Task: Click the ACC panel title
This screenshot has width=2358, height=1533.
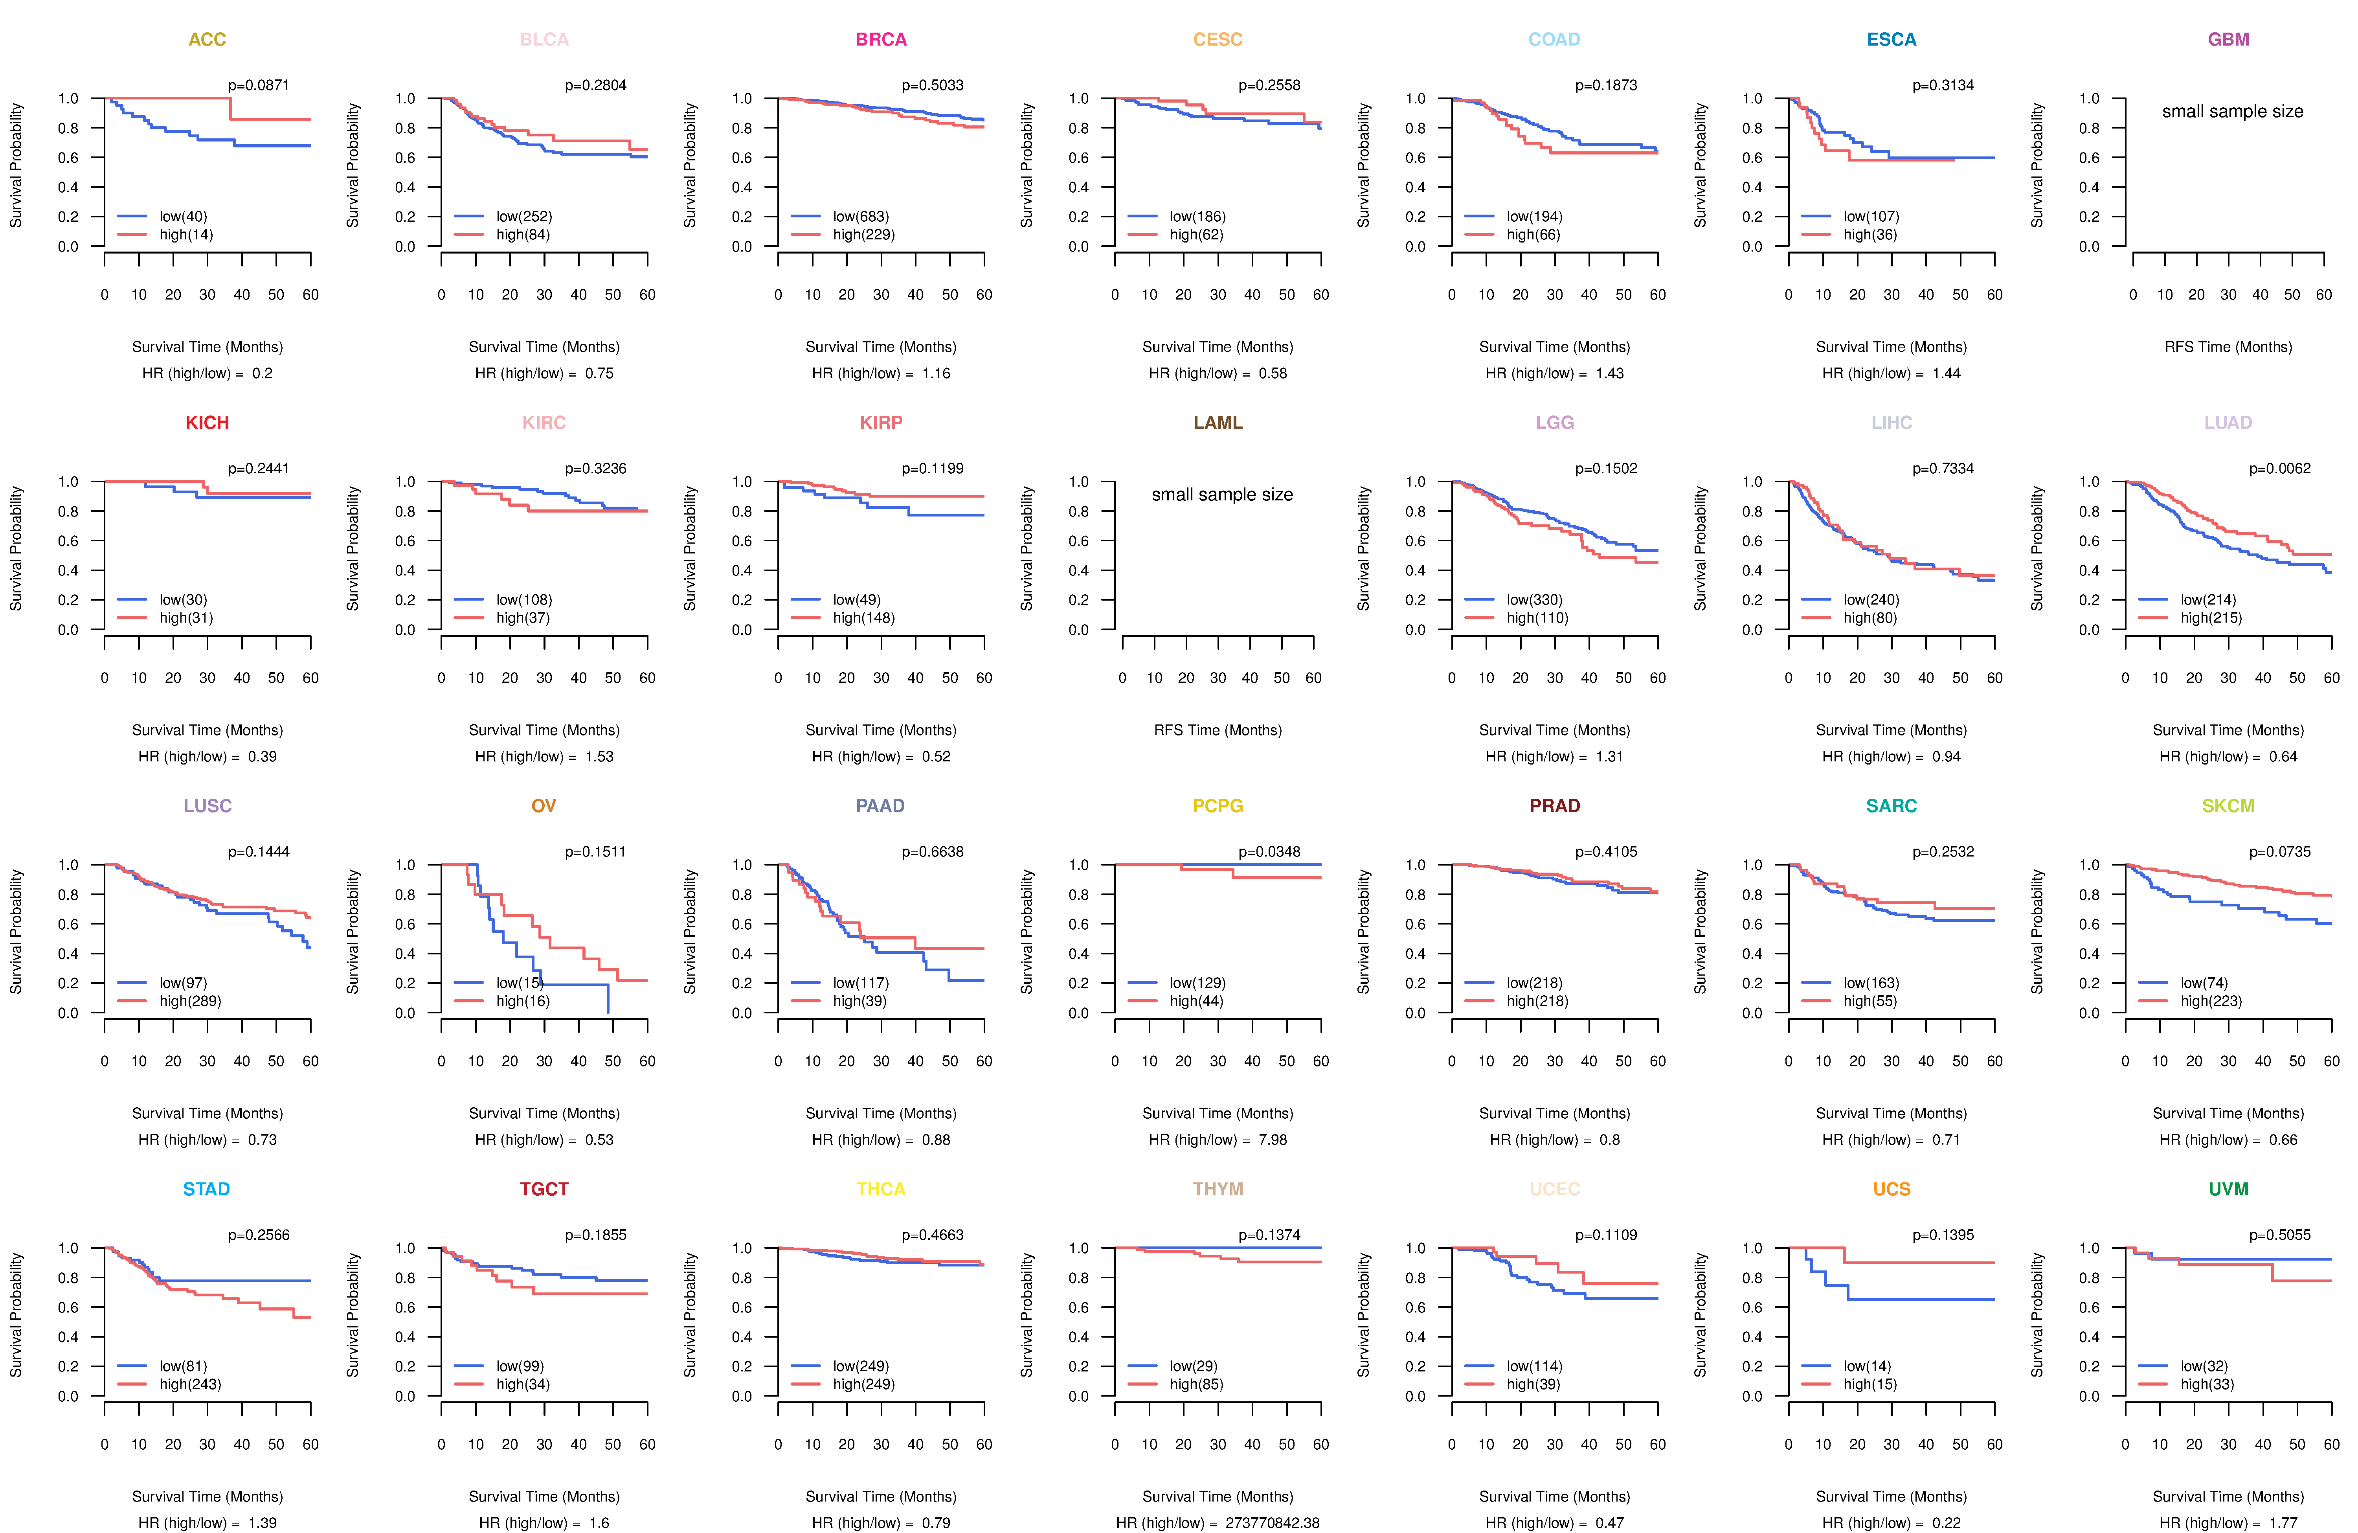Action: click(x=207, y=40)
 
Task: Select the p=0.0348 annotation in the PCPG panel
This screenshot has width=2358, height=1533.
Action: click(x=1269, y=852)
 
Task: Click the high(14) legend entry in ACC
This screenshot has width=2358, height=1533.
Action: click(x=186, y=235)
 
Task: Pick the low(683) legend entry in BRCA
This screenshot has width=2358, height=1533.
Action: click(x=861, y=216)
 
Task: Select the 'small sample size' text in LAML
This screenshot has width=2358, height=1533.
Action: click(x=1221, y=494)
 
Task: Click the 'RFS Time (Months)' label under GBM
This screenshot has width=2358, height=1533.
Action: click(x=2228, y=347)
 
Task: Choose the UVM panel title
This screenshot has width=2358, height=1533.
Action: click(x=2228, y=1189)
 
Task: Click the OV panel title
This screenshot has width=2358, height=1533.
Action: click(x=544, y=806)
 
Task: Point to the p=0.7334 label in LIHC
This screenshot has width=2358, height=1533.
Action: click(x=1943, y=469)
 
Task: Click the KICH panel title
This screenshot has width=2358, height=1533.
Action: click(x=207, y=423)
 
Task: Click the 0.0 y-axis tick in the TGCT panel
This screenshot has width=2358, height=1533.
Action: click(x=405, y=1396)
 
